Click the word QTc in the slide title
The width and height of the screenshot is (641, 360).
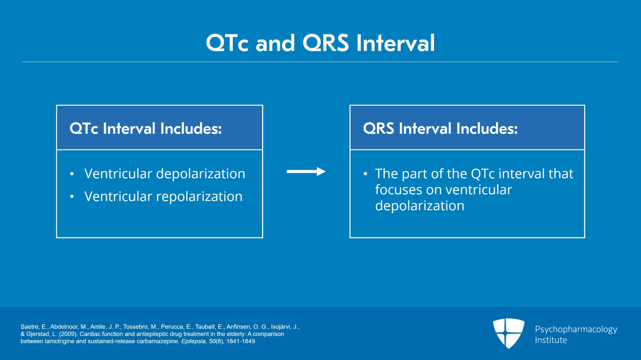point(227,43)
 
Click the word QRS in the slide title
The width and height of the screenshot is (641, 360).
point(325,43)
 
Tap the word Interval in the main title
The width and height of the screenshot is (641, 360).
point(395,43)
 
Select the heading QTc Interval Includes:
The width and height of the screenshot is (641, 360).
point(145,129)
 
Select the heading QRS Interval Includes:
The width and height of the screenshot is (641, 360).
point(440,129)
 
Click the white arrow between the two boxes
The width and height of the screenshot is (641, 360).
point(306,171)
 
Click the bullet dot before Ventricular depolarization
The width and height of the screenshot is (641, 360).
point(72,174)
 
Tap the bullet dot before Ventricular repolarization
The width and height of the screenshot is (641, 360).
point(72,197)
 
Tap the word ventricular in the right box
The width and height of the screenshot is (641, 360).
point(478,190)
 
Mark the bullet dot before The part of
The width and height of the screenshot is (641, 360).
point(365,174)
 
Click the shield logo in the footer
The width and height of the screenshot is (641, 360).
point(508,333)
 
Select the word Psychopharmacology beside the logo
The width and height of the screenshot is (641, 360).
point(576,329)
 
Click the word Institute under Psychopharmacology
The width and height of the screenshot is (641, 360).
point(551,340)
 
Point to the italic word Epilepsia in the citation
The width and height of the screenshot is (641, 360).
point(193,341)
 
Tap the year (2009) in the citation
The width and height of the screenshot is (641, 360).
point(68,334)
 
